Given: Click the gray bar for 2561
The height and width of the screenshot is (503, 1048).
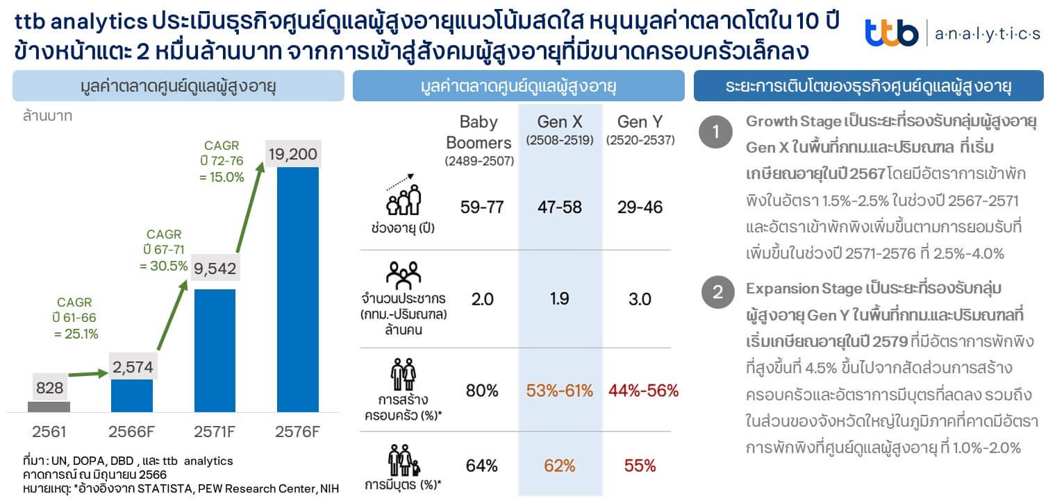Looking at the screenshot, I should point(49,407).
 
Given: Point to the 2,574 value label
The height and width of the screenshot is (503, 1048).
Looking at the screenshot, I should point(132,366).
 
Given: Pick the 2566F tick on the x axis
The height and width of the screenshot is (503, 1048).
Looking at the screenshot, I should point(132,432).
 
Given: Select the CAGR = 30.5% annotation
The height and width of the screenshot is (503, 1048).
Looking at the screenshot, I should point(163,250).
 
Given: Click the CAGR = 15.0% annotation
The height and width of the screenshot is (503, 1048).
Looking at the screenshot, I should point(222,161).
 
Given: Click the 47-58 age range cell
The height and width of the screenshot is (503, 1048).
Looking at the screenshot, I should point(559,207).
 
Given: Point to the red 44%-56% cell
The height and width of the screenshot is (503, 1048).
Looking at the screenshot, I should point(643,391).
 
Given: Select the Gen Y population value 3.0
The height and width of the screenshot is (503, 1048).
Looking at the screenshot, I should point(640,299).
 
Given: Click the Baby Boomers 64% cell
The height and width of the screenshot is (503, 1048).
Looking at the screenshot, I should point(482,466).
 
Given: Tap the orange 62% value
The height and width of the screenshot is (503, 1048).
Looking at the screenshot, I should point(559,466).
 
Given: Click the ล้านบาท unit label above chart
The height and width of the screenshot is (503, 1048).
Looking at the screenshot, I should point(47,116).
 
